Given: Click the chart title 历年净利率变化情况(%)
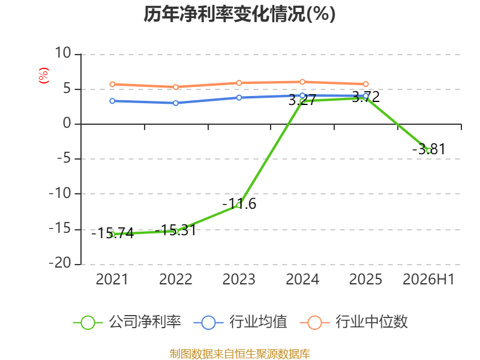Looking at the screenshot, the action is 239,14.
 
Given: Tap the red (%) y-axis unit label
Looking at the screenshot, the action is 43,76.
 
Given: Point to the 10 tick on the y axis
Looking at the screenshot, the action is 63,53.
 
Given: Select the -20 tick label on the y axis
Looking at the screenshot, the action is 60,263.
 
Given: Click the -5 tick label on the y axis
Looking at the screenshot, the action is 64,158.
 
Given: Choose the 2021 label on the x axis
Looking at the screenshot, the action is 112,279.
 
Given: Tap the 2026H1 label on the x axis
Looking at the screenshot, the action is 428,279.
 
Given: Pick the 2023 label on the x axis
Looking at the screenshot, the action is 239,279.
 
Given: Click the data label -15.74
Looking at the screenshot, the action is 113,233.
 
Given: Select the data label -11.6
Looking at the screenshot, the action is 239,204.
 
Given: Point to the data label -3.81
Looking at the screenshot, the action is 429,149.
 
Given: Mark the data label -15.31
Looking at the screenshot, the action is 176,230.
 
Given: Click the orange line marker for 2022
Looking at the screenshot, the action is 176,87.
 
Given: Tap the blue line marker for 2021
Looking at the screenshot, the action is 112,101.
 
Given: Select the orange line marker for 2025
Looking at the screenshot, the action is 365,84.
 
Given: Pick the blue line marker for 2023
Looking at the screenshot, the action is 239,97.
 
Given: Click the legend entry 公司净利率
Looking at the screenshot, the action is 127,322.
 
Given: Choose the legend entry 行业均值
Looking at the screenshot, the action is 241,322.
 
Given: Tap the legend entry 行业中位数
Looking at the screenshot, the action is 353,322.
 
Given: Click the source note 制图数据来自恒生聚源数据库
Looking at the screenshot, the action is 239,353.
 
